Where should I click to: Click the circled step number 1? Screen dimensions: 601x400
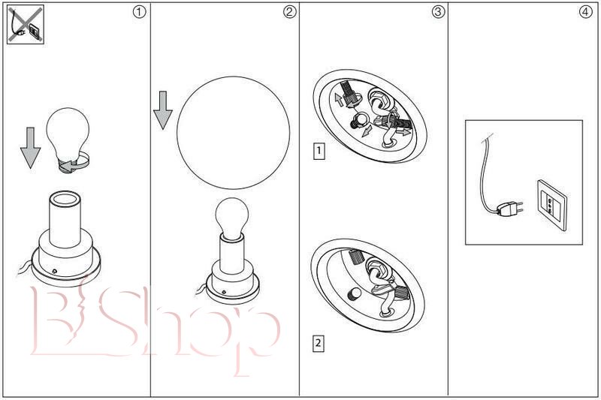pos(139,12)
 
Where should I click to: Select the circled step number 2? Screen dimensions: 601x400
pos(290,12)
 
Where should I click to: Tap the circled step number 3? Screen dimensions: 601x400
pos(438,12)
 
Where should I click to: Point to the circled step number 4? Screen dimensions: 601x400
pos(585,12)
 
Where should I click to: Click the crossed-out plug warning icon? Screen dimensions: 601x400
pos(26,24)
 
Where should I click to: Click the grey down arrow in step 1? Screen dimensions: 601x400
pos(30,148)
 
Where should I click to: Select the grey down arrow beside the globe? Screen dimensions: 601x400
pos(163,110)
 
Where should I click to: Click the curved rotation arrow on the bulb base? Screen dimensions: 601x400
pos(76,163)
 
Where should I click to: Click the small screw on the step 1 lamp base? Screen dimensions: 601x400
pos(55,272)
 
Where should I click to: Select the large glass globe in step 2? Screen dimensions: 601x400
pos(233,132)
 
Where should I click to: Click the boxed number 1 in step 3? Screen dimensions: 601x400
pos(319,151)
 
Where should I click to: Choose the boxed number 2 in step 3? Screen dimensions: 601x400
pos(318,342)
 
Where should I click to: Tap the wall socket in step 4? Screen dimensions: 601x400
pos(552,205)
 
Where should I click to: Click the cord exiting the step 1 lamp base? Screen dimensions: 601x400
pos(25,267)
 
